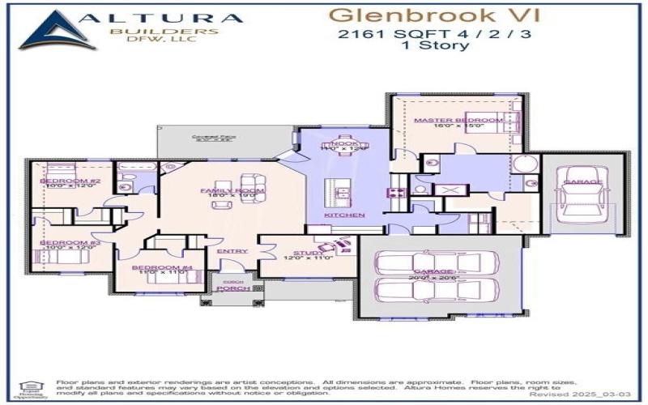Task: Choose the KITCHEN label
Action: tap(344, 215)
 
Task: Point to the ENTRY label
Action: tap(232, 251)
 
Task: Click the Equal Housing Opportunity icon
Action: tap(24, 388)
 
